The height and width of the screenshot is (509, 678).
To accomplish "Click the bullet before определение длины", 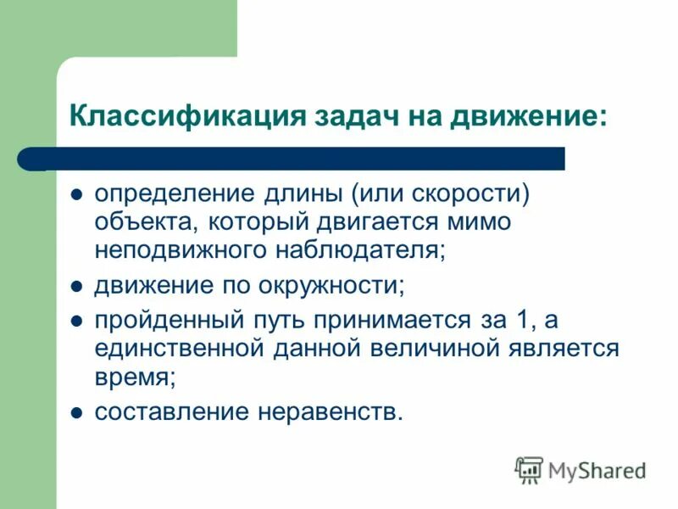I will [x=75, y=193].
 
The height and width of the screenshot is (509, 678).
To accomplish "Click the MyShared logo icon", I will [x=530, y=469].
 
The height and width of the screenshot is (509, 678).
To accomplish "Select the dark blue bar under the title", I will [x=297, y=159].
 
